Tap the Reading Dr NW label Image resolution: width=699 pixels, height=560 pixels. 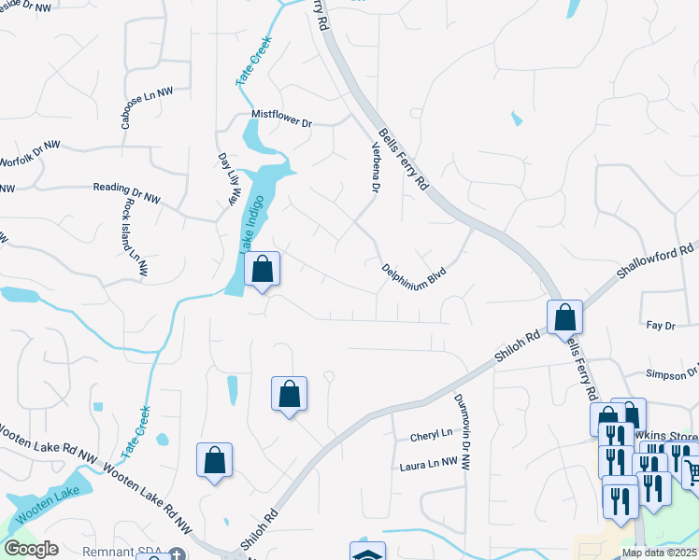point(127,191)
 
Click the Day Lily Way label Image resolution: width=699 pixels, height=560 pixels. point(227,178)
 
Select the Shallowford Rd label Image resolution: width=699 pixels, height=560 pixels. point(656,263)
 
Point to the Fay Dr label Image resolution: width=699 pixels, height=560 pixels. point(660,326)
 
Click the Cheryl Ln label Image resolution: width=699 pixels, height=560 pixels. point(431,435)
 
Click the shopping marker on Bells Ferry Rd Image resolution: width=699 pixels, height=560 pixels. point(564,317)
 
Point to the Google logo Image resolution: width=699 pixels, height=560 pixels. point(31,549)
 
